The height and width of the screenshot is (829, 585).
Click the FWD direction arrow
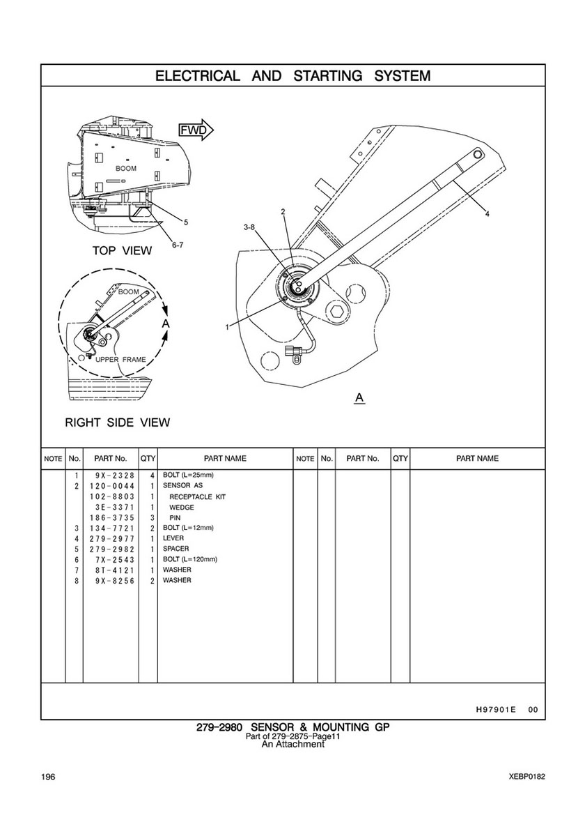(x=195, y=130)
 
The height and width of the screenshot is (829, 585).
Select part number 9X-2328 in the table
(x=111, y=476)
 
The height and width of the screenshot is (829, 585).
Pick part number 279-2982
(x=111, y=549)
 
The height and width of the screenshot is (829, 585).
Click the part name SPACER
(x=175, y=549)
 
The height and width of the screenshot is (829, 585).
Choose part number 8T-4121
(x=111, y=570)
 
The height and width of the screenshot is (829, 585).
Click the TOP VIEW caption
(x=122, y=250)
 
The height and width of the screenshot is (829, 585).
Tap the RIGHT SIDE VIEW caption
(x=117, y=423)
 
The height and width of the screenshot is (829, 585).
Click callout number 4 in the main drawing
(x=487, y=214)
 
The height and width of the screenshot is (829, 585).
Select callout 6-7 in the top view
(x=177, y=245)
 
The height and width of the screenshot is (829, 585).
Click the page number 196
(x=47, y=777)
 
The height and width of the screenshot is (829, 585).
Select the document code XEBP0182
(x=526, y=777)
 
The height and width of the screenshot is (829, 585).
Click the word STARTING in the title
(x=327, y=75)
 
